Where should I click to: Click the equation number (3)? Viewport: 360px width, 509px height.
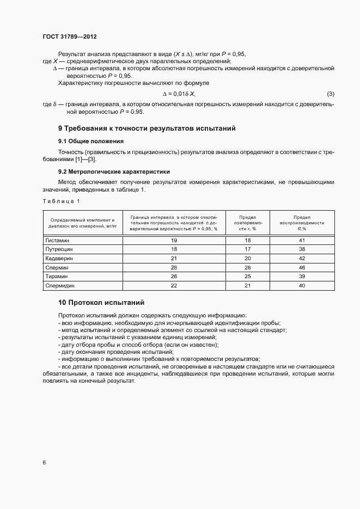(x=330, y=94)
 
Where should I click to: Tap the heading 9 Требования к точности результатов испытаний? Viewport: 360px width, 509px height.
(x=147, y=129)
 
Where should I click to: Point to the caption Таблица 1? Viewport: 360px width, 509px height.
(x=61, y=201)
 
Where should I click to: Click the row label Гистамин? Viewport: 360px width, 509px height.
(x=58, y=240)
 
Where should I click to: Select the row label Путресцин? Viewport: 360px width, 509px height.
(x=59, y=249)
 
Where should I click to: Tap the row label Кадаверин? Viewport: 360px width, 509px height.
(x=59, y=258)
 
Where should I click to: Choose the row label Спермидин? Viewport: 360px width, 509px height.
(x=60, y=285)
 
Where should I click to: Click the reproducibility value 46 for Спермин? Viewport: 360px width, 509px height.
(x=301, y=267)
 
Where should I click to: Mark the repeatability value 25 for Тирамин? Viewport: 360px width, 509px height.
(x=247, y=277)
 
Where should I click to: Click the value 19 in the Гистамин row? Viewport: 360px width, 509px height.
(x=174, y=240)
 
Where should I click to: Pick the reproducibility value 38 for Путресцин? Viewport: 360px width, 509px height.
(x=301, y=249)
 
